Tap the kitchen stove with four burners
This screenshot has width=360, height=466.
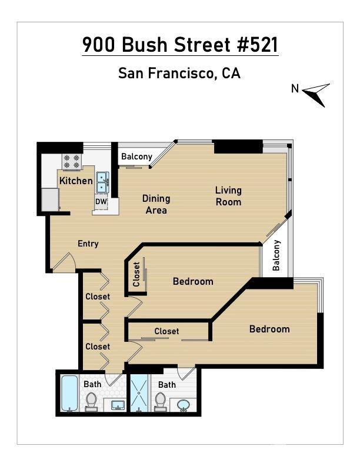pyautogui.click(x=72, y=161)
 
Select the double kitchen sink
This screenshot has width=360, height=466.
pyautogui.click(x=102, y=182)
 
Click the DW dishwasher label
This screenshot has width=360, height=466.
pyautogui.click(x=101, y=201)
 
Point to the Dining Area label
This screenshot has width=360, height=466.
pyautogui.click(x=156, y=204)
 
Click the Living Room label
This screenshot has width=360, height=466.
pyautogui.click(x=228, y=196)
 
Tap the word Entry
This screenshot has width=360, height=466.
pyautogui.click(x=88, y=244)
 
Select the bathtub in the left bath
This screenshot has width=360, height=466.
pyautogui.click(x=69, y=393)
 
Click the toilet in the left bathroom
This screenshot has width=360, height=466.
pyautogui.click(x=91, y=401)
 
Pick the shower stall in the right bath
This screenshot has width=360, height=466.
pyautogui.click(x=139, y=393)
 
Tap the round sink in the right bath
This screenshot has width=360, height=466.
pyautogui.click(x=184, y=405)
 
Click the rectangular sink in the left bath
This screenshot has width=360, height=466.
pyautogui.click(x=118, y=405)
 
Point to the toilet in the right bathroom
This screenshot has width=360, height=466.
pyautogui.click(x=161, y=401)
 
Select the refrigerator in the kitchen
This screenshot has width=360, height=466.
pyautogui.click(x=50, y=199)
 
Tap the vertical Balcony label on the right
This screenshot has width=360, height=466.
pyautogui.click(x=276, y=255)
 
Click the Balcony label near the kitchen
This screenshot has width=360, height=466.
pyautogui.click(x=136, y=157)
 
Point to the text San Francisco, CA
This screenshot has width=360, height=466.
pyautogui.click(x=179, y=73)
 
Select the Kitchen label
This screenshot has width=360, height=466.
pyautogui.click(x=76, y=181)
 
